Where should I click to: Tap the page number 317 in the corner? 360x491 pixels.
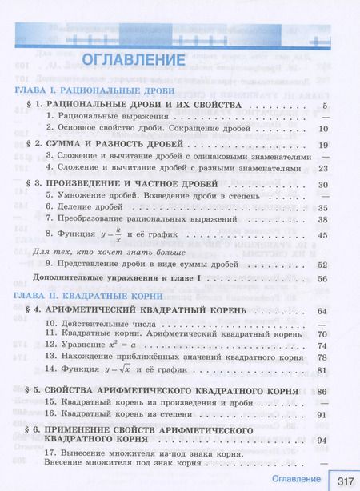[346, 481]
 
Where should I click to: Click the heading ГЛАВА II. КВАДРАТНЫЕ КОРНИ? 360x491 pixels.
[88, 294]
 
